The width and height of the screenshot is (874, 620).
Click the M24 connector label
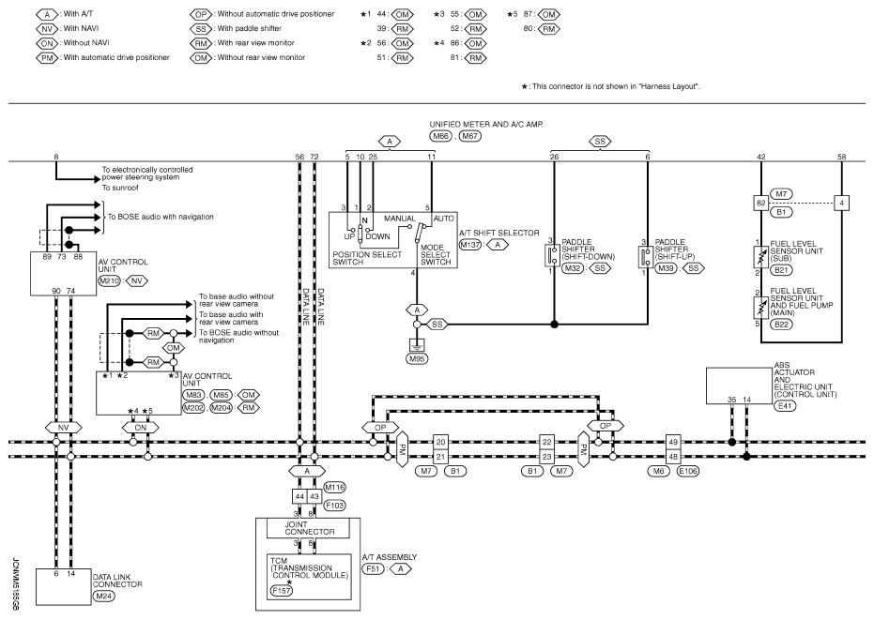click(103, 596)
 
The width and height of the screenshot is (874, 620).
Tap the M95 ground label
click(417, 358)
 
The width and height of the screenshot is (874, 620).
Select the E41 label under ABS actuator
click(785, 406)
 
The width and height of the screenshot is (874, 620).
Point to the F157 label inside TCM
click(281, 591)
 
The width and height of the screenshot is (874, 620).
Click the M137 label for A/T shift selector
click(470, 245)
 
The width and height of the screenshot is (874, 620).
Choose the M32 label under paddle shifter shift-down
click(572, 268)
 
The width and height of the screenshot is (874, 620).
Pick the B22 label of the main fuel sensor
click(781, 325)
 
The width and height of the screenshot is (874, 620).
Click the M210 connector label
click(109, 281)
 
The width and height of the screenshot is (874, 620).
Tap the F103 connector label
click(334, 506)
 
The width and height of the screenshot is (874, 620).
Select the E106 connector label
click(688, 471)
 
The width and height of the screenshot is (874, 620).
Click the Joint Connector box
click(308, 528)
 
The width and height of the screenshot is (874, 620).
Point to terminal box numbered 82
click(760, 204)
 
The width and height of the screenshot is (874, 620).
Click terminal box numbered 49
click(673, 443)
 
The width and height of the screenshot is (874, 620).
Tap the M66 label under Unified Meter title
click(440, 136)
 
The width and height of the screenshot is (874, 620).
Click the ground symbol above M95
click(417, 343)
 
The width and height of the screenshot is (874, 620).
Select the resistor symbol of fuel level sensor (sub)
click(760, 257)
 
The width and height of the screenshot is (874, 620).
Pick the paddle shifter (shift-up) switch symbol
click(646, 257)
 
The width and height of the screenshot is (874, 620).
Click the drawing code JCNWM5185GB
click(15, 585)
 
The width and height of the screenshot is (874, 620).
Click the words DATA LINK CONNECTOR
click(117, 581)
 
